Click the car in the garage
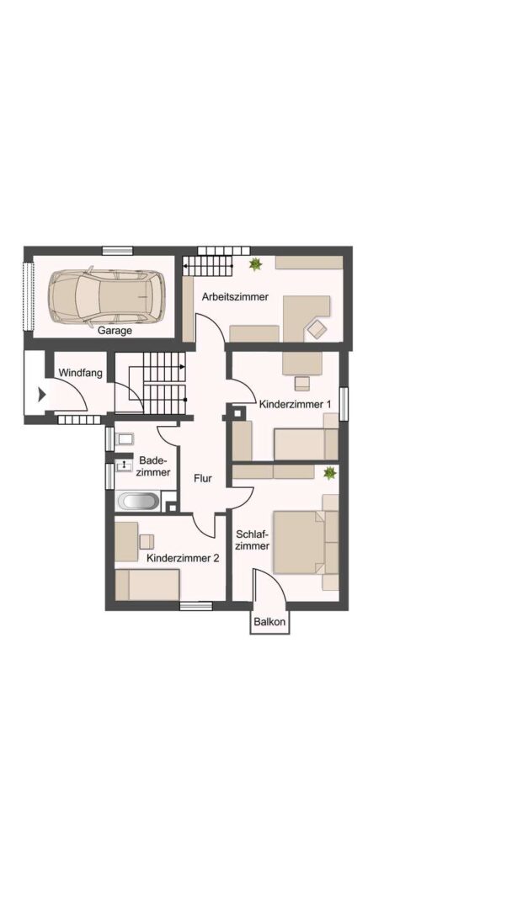click(107, 295)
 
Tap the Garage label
click(115, 331)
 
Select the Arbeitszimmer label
click(235, 297)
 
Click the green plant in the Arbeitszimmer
click(255, 264)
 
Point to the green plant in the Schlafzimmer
click(329, 473)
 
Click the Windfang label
click(81, 373)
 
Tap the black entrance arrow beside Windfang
click(41, 396)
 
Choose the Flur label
click(203, 480)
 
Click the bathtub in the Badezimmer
click(138, 501)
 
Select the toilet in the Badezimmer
click(124, 439)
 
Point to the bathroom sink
click(124, 465)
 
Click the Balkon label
click(269, 622)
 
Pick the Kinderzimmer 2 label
click(183, 559)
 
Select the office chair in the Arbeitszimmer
click(317, 329)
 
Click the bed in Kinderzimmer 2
click(147, 585)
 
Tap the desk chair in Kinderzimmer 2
click(147, 541)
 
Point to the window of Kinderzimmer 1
click(344, 403)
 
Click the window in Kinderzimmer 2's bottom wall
click(196, 606)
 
